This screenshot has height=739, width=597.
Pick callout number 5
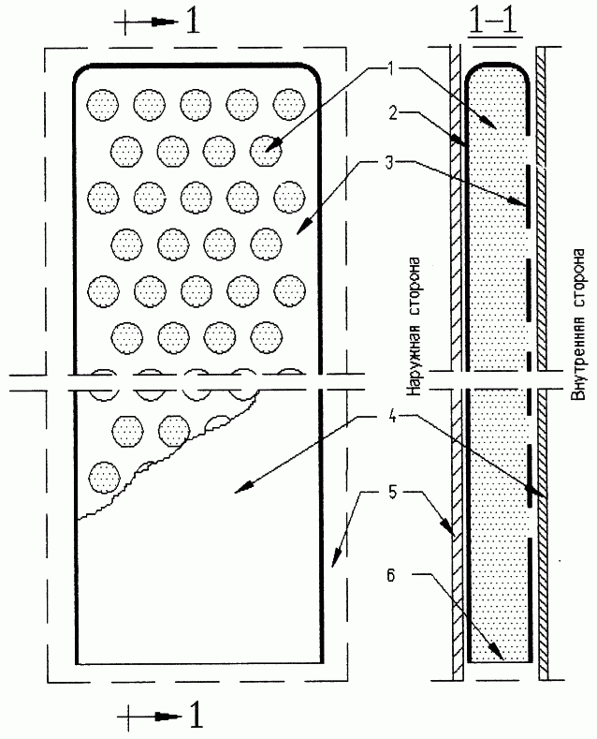tap(392, 493)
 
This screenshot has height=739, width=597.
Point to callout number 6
tap(391, 575)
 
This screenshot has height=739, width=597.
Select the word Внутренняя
tap(578, 359)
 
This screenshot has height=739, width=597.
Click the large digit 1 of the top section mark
tap(192, 22)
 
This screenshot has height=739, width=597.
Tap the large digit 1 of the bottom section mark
tap(195, 716)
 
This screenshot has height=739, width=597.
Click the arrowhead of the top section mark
tap(166, 22)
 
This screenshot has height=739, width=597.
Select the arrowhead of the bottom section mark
tap(168, 717)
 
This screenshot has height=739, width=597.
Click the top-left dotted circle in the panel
tap(103, 104)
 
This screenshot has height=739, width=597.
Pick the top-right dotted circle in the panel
tap(289, 104)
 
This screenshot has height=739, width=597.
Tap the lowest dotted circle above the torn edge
tap(104, 478)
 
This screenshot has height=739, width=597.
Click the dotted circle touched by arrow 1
tap(266, 151)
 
